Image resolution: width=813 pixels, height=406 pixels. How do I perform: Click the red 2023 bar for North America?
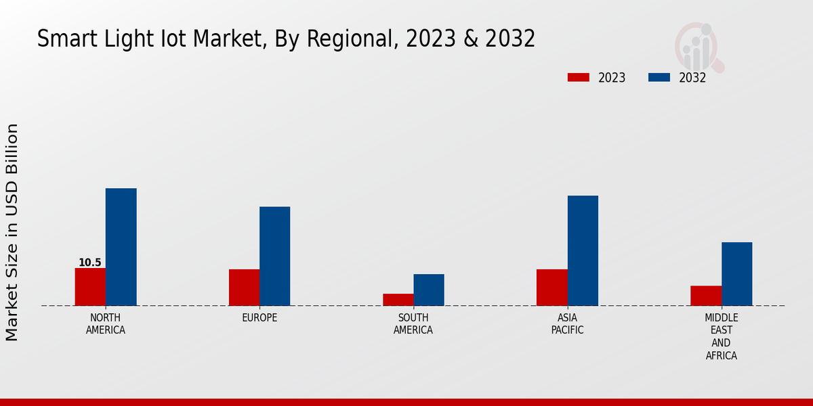tap(90, 287)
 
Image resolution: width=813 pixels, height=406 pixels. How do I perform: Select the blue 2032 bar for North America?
tap(121, 247)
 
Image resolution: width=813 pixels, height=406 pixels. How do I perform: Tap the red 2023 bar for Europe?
tap(244, 288)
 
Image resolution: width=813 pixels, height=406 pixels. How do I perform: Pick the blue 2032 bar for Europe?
tap(274, 256)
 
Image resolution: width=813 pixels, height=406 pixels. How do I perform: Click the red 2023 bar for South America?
tap(398, 300)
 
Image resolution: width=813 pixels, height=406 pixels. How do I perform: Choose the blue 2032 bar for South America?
tap(429, 290)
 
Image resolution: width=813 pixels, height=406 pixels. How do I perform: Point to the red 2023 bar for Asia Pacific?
tap(551, 288)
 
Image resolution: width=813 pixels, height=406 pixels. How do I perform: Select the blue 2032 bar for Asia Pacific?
tap(583, 250)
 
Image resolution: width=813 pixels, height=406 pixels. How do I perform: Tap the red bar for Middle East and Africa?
tap(706, 296)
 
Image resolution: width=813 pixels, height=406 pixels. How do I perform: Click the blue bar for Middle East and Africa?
tap(736, 274)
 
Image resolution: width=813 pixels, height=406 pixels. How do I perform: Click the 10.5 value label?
tap(89, 263)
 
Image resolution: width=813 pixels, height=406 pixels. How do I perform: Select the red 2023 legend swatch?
tap(578, 78)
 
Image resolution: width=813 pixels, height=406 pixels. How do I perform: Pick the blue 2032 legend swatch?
tap(659, 78)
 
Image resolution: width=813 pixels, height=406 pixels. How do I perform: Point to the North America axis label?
tap(106, 324)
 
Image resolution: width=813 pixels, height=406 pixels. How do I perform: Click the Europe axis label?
tap(259, 318)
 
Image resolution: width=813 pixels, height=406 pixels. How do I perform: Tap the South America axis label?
tap(413, 324)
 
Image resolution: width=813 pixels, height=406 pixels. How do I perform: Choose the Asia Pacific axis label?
tap(567, 324)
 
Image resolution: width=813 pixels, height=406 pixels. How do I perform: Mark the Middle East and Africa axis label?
tap(721, 337)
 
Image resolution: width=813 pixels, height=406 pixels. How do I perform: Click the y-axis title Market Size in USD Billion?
tap(12, 232)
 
